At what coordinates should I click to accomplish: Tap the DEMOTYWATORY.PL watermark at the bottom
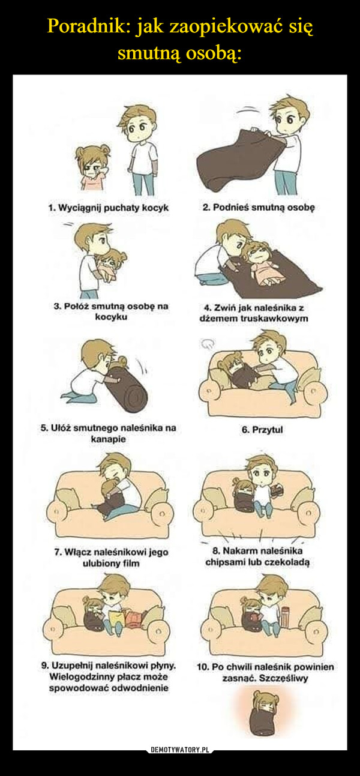pos(180,750)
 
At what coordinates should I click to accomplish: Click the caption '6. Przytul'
pos(262,430)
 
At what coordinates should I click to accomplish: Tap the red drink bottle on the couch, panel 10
pos(285,616)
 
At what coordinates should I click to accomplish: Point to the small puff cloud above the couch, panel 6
pos(207,343)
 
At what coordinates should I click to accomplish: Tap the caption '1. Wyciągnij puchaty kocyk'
pos(109,208)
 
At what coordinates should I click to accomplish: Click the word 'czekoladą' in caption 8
pos(287,562)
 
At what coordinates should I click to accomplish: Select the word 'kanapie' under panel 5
pos(108,439)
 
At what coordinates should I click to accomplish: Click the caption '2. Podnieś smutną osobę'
pos(259,208)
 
